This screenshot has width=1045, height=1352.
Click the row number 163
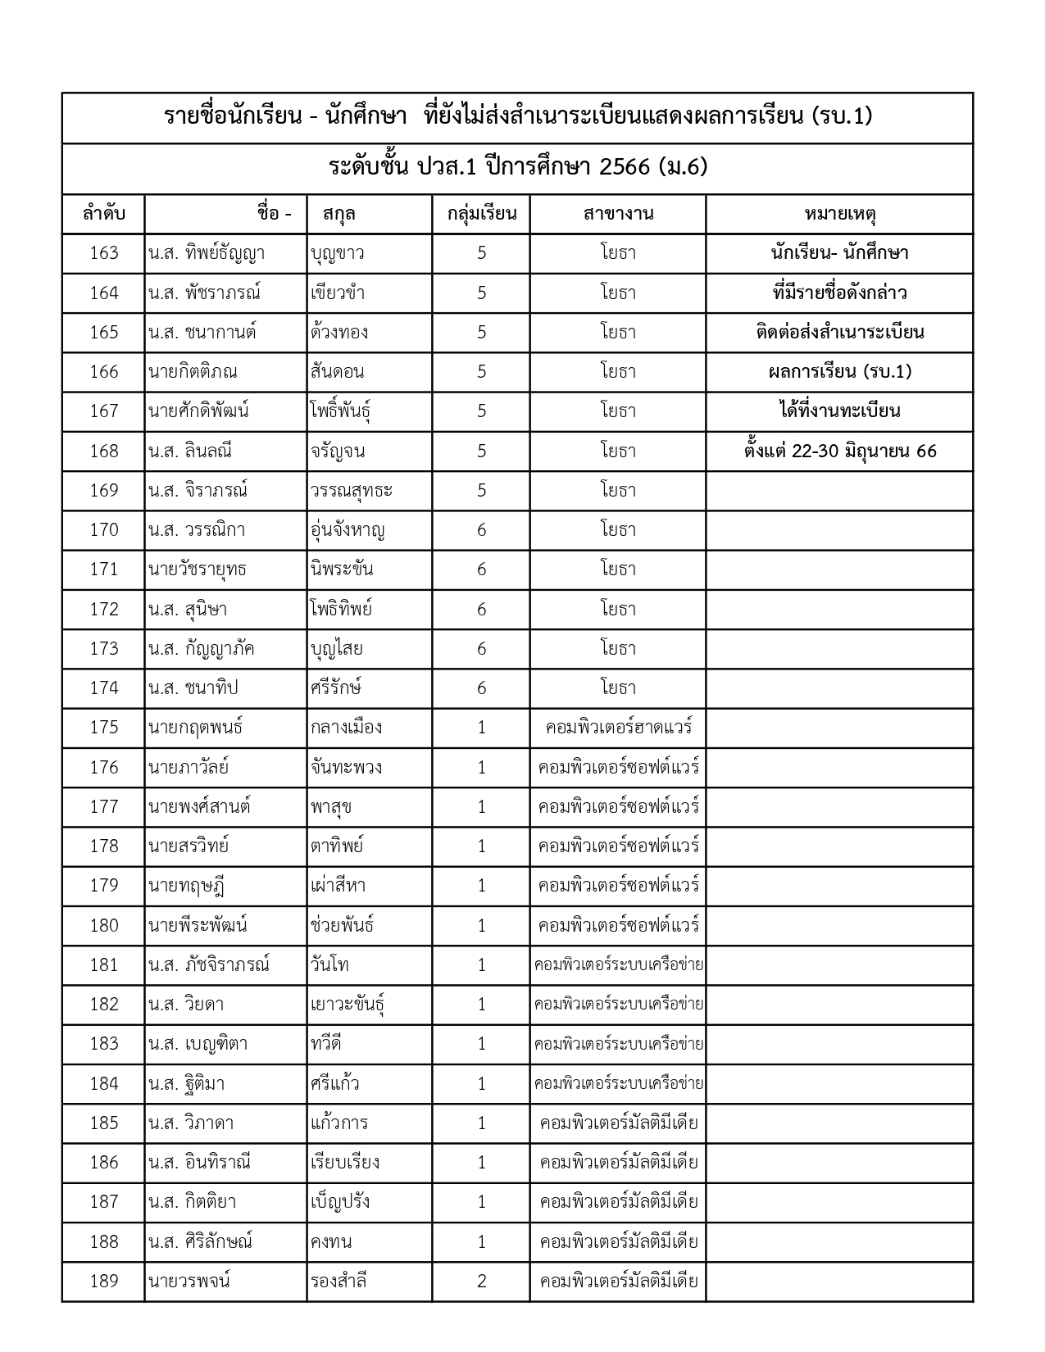[x=104, y=253]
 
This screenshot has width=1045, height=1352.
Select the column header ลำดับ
[x=104, y=215]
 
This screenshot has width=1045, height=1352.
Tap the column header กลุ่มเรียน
[x=481, y=215]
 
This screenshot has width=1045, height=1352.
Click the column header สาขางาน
[x=618, y=215]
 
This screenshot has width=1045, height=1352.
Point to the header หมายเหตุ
[x=839, y=215]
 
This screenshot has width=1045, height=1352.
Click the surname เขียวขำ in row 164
[x=338, y=293]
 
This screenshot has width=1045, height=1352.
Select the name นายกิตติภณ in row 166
[x=193, y=372]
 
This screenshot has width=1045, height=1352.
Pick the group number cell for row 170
[x=481, y=530]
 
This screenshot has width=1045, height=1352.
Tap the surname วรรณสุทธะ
[x=352, y=491]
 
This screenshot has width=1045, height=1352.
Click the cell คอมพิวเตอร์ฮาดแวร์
[x=618, y=728]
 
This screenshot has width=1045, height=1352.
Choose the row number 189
[x=104, y=1281]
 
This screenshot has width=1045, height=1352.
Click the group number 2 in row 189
[x=481, y=1281]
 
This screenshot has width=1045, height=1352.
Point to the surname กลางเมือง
[x=346, y=728]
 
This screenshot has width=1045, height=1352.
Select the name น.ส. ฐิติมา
[x=186, y=1083]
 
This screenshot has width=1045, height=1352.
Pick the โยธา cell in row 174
[x=618, y=688]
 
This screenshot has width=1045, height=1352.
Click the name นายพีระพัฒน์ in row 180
[x=198, y=925]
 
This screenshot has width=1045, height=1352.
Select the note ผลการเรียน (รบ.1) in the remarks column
[x=839, y=372]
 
